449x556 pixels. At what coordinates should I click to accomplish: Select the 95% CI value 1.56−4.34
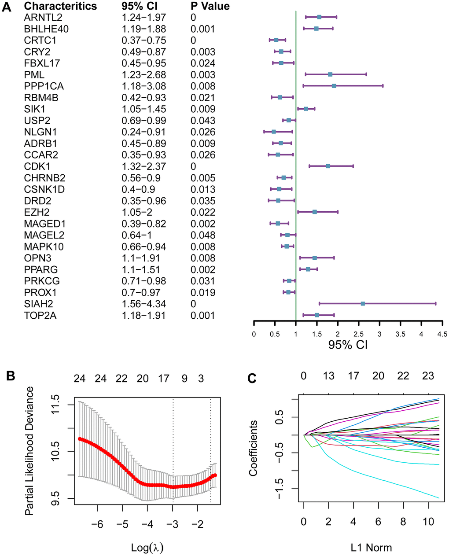[x=144, y=304]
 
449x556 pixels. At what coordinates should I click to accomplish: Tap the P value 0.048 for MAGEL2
[x=202, y=235]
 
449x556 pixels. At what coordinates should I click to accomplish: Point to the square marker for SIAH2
[x=363, y=303]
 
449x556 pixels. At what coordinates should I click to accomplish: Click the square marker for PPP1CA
[x=334, y=86]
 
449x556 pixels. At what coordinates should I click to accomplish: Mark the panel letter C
[x=252, y=378]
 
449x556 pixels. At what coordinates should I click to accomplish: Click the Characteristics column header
[x=60, y=6]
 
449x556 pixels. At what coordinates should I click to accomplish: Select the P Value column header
[x=210, y=6]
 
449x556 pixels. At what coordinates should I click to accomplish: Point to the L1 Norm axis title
[x=371, y=548]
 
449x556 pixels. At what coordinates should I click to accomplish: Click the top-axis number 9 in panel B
[x=184, y=379]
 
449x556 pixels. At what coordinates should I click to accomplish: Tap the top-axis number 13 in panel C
[x=328, y=376]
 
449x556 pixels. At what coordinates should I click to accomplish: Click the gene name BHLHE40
[x=46, y=29]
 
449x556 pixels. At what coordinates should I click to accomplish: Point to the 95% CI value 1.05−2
[x=138, y=212]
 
